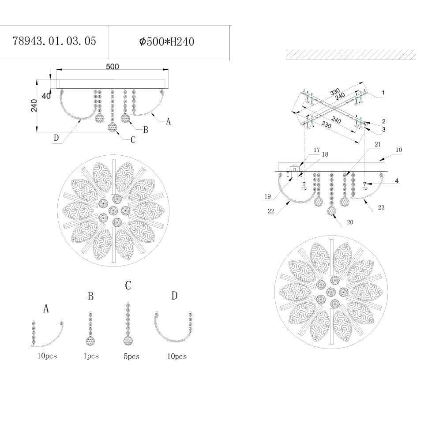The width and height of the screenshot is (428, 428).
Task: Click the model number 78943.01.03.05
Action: [x=54, y=41]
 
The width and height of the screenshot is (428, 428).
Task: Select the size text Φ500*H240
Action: [x=166, y=42]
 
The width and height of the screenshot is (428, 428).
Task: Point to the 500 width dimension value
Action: [x=113, y=67]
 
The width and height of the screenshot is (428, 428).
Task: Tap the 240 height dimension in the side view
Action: [x=34, y=105]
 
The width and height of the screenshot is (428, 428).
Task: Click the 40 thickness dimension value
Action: [x=46, y=96]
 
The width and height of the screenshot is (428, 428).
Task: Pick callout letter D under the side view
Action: [x=56, y=138]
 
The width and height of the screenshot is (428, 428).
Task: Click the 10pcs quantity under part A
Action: [x=47, y=356]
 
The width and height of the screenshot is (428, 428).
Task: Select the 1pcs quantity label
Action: [x=91, y=356]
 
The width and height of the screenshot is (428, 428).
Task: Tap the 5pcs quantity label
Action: [x=131, y=357]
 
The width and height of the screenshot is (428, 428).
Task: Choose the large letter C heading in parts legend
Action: [x=128, y=285]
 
